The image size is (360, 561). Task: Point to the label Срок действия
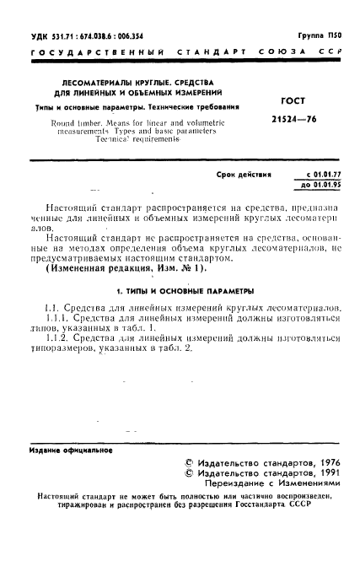[x=244, y=173]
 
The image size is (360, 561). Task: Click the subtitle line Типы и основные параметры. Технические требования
[x=126, y=108]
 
